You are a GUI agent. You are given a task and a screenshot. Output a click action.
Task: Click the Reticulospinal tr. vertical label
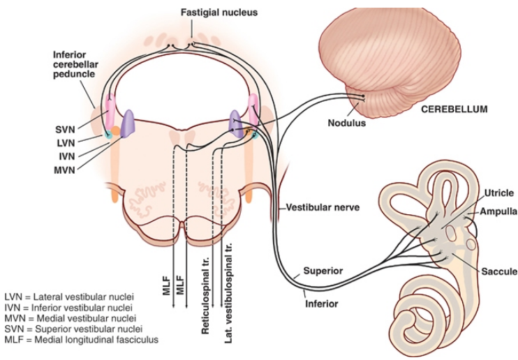[207, 280]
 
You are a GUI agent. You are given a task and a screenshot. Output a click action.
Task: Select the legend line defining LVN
[73, 296]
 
